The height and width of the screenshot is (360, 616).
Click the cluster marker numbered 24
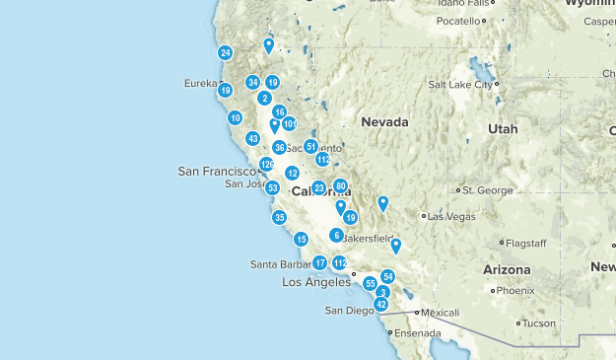pyautogui.click(x=226, y=53)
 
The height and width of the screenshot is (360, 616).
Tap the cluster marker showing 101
pyautogui.click(x=290, y=124)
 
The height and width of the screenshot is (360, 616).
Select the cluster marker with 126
pyautogui.click(x=266, y=165)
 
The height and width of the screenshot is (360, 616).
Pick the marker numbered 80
pyautogui.click(x=341, y=185)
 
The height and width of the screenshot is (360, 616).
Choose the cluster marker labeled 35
pyautogui.click(x=280, y=218)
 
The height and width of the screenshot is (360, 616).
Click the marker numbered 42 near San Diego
pyautogui.click(x=381, y=305)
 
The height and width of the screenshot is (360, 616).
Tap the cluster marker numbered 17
pyautogui.click(x=320, y=263)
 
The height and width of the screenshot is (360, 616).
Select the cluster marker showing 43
pyautogui.click(x=253, y=139)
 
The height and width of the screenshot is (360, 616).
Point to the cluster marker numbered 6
pyautogui.click(x=337, y=236)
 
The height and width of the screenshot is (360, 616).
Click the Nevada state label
pyautogui.click(x=383, y=121)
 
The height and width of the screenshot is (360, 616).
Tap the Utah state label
pyautogui.click(x=502, y=129)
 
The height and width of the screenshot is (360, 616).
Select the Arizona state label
pyautogui.click(x=507, y=269)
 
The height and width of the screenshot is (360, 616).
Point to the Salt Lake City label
pyautogui.click(x=459, y=85)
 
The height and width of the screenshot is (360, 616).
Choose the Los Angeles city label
pyautogui.click(x=316, y=282)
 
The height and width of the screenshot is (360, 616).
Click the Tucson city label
pyautogui.click(x=539, y=324)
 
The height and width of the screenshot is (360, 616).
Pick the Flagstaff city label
pyautogui.click(x=530, y=242)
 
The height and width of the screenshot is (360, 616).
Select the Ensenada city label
pyautogui.click(x=418, y=333)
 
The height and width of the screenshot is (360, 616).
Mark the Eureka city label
pyautogui.click(x=200, y=84)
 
